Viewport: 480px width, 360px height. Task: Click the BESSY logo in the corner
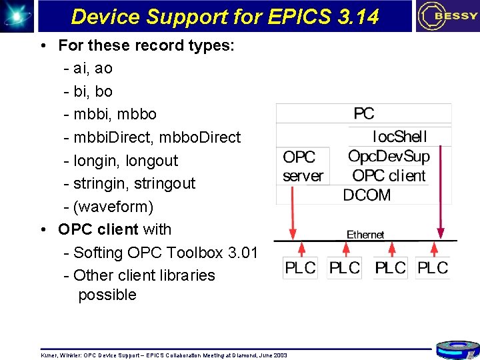tap(447, 16)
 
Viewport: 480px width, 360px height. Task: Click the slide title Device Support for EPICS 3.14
tap(225, 16)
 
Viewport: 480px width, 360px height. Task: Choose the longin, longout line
tap(125, 161)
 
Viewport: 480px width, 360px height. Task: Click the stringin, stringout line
tap(133, 183)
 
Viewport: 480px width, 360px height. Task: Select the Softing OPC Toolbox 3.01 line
tap(165, 253)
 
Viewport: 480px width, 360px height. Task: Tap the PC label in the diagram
tap(364, 114)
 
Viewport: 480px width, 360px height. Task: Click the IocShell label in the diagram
tap(399, 137)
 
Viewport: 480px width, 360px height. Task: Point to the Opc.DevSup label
tap(389, 157)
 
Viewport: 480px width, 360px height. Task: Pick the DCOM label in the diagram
tap(367, 195)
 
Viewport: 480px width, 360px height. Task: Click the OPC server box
tap(303, 166)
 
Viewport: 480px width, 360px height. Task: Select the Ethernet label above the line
tap(365, 235)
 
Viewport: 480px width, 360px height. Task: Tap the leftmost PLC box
tap(300, 268)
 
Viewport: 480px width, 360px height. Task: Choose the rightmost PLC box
tap(433, 268)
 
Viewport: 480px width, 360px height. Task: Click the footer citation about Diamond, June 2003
tap(164, 355)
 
